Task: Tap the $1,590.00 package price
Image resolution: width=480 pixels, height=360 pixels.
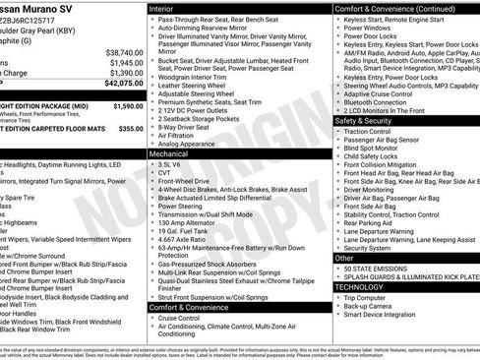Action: (127, 105)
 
